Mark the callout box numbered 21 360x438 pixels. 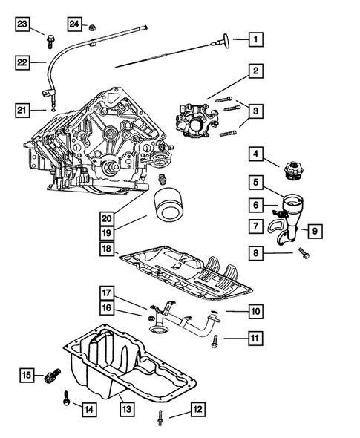[22, 111]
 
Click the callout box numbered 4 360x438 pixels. [255, 155]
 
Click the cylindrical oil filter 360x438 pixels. [168, 203]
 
